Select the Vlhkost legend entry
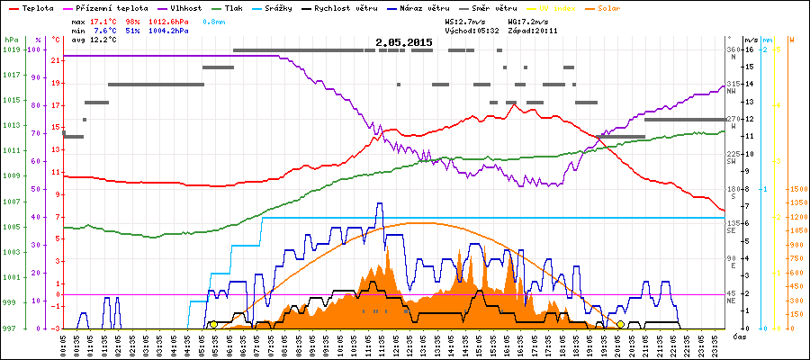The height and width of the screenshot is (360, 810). [184, 6]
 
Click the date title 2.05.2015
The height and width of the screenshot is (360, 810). [403, 42]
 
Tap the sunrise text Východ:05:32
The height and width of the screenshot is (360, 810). [472, 31]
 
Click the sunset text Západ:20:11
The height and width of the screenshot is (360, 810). [534, 31]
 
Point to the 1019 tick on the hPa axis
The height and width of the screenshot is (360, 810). [10, 49]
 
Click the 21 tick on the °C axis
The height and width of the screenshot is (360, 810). [56, 60]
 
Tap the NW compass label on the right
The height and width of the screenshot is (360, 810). [732, 91]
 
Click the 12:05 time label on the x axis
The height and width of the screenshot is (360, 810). [396, 345]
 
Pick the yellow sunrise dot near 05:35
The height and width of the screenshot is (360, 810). [212, 324]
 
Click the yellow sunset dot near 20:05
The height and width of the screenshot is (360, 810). [620, 324]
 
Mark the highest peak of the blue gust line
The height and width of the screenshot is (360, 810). [379, 203]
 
